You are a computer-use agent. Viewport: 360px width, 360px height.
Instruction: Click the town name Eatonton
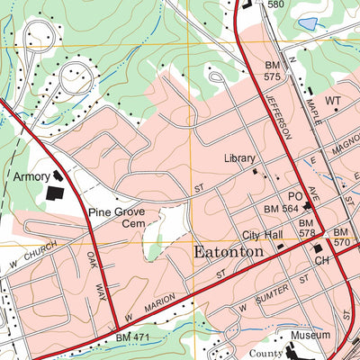tap(229, 252)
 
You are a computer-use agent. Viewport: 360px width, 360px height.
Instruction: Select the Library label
tap(239, 158)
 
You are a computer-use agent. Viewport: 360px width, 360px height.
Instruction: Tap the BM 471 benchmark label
tap(134, 336)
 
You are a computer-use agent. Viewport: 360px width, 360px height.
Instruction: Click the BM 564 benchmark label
tap(281, 209)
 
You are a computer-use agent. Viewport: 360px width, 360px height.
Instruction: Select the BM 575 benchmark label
tap(273, 72)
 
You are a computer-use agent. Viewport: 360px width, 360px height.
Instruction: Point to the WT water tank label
tap(334, 100)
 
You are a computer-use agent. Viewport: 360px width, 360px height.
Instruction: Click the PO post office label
tap(295, 195)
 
